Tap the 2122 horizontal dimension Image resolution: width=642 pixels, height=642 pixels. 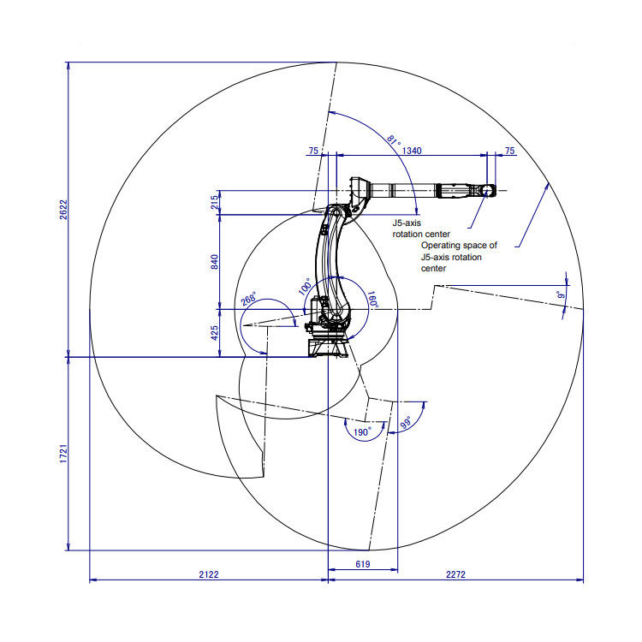pos(209,574)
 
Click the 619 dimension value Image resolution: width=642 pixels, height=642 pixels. pos(362,564)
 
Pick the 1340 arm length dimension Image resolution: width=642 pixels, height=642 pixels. pos(412,151)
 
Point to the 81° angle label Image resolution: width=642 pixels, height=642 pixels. pos(393,140)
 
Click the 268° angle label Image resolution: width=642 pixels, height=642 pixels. pos(248,300)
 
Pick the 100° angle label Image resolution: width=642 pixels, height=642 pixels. pos(305,286)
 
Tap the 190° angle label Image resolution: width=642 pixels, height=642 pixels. pos(361,432)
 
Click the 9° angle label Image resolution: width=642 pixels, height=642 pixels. pos(562,295)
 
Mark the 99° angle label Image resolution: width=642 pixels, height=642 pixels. pos(406,423)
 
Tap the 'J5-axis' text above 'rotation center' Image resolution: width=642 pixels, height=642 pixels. pos(406,222)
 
